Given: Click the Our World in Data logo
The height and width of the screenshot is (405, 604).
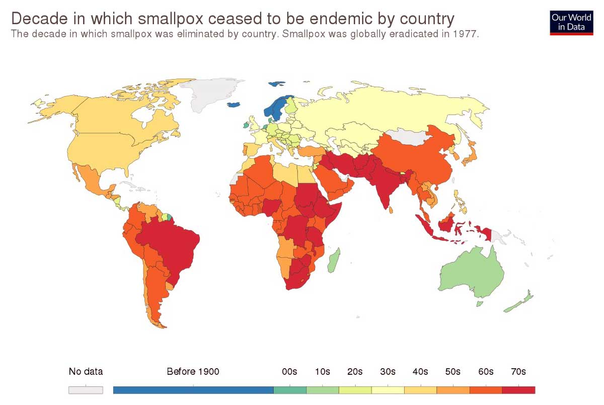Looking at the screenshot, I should coord(571,22).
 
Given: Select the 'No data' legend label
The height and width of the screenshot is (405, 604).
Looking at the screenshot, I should coord(86,372).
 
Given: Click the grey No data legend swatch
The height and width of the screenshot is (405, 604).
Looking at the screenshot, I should coord(86,390).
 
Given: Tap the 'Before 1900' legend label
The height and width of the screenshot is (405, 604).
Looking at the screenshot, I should coord(193,372).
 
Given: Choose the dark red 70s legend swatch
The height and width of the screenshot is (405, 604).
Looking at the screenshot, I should coord(518,390).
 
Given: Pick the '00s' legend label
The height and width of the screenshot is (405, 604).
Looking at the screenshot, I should coord(289,372).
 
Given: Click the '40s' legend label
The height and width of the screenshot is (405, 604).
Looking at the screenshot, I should coord(420,372).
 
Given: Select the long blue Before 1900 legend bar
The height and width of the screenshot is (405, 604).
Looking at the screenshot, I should coord(193,390).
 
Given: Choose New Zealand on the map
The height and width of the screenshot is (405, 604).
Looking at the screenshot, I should coord(518,302).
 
